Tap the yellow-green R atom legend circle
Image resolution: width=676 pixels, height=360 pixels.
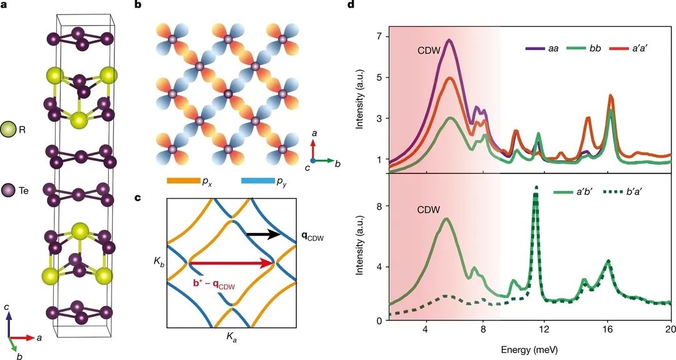click(x=8, y=129)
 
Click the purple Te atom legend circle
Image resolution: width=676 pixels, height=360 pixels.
click(x=8, y=190)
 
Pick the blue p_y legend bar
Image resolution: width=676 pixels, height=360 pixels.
click(x=258, y=181)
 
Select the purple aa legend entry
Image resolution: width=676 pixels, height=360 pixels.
click(x=542, y=49)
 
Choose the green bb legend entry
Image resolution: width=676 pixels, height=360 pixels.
click(x=585, y=49)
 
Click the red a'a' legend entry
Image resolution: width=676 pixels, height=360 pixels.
click(x=630, y=49)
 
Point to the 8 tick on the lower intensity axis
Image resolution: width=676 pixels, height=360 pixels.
click(x=381, y=206)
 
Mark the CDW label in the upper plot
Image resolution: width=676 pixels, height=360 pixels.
click(x=429, y=51)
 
